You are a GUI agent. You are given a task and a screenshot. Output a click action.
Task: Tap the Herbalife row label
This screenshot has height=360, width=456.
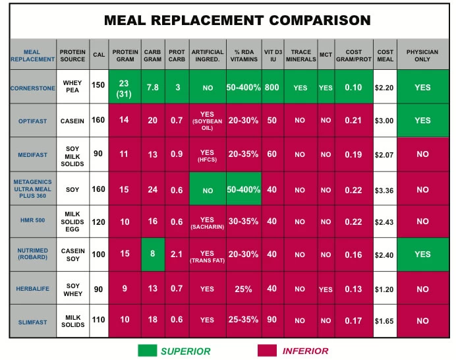click(32, 289)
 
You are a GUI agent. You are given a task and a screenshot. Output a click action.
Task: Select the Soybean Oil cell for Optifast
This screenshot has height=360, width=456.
click(207, 120)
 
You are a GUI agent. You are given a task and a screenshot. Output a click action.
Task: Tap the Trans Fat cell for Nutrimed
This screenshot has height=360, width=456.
click(207, 256)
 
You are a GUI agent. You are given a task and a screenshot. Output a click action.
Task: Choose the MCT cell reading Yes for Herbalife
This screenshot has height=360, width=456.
click(326, 289)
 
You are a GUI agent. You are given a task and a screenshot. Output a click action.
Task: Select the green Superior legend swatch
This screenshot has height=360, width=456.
click(156, 350)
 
